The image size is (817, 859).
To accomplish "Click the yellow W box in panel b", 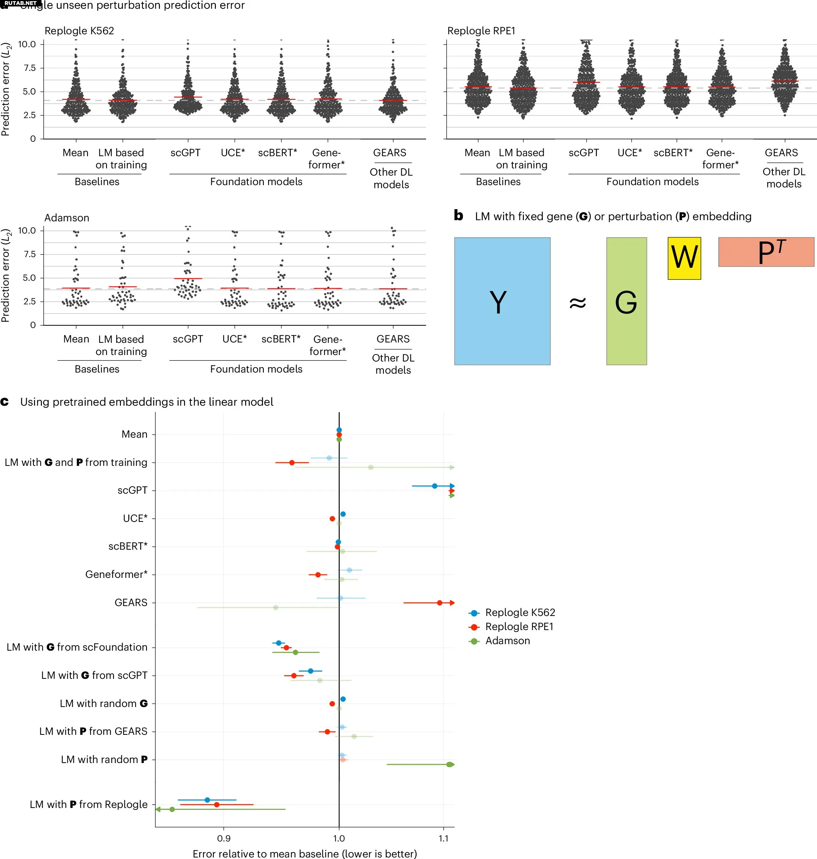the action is (684, 258).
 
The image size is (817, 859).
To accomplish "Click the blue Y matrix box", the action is (502, 301).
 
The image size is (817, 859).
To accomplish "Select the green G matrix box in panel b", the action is (626, 301).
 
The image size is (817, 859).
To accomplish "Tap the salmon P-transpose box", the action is (766, 251).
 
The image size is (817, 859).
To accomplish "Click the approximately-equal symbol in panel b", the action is (578, 303).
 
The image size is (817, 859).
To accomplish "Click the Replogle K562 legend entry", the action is (512, 612).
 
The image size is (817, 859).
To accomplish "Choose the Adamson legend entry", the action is (499, 641).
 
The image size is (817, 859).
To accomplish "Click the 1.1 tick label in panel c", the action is (444, 838).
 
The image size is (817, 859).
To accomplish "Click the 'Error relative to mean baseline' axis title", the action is (305, 853).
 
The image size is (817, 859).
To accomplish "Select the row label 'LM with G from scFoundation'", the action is (77, 647).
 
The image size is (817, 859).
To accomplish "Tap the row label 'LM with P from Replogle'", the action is (89, 804).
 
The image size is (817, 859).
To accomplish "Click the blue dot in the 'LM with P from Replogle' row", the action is (207, 800).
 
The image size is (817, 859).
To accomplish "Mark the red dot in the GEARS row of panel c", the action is (439, 603).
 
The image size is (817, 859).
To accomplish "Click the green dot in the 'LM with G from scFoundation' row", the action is (295, 653).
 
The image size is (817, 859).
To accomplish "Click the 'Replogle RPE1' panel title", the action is (481, 31).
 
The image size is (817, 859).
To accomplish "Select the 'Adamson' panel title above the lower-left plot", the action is (67, 218).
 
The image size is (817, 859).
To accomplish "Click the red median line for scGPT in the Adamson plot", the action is (188, 278).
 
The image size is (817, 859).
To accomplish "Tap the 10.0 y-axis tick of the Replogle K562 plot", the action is (27, 44).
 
